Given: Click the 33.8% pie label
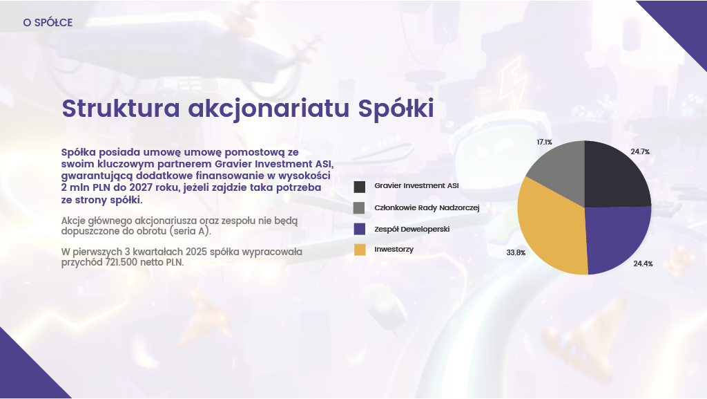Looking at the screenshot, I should point(516,253).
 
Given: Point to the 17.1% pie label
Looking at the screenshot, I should point(544,142).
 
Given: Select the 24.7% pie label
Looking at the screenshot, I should point(640,151).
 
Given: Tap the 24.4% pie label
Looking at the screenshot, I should point(643,264).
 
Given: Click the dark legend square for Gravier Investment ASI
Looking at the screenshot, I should point(359,187).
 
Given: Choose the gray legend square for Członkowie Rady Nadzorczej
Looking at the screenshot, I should point(359,208).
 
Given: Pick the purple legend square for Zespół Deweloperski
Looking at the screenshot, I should point(359,229).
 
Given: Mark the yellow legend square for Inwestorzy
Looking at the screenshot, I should point(359,250).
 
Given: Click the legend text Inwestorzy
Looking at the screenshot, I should point(394,249).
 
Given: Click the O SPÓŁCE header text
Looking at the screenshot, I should point(48,23).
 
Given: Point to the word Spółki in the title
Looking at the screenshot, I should point(394,109).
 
